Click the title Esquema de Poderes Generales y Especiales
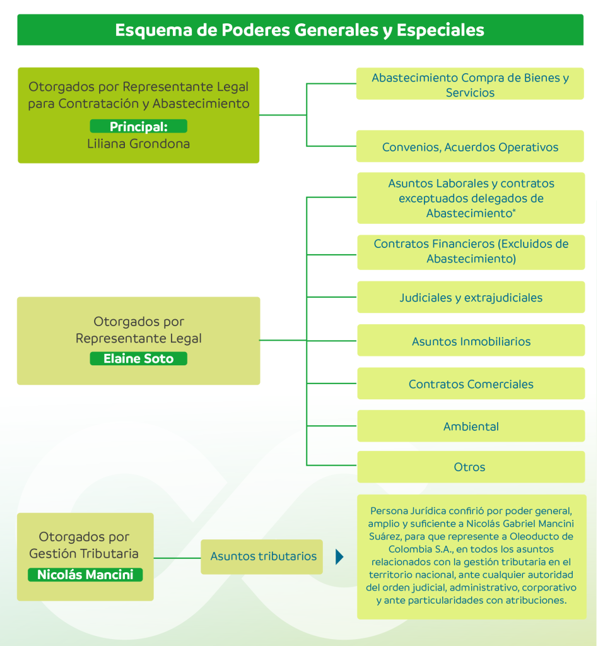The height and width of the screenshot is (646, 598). pos(300,30)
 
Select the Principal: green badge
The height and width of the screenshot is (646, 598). pos(138,126)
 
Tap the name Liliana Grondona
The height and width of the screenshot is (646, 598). pos(138,144)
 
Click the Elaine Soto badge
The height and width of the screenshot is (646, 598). pos(138,359)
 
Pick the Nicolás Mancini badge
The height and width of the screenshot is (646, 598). pos(85,575)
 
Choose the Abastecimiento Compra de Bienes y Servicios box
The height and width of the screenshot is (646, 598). pos(470,85)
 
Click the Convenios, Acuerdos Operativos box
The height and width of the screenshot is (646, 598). pos(470,147)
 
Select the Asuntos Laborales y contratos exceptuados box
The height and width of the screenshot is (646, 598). pos(471,198)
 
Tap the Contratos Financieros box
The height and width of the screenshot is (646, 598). pos(471,252)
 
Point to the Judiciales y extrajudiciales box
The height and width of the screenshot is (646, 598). pos(471,298)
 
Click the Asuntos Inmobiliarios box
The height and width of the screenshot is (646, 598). pos(471,341)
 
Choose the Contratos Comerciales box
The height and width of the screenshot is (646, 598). pos(471,384)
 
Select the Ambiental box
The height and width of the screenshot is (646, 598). pos(471,426)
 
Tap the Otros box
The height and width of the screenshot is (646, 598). pos(471,467)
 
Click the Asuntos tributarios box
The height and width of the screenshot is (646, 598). pos(262,556)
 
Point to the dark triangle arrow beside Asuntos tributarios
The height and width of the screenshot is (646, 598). pos(339,557)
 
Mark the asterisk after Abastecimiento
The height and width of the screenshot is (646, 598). pos(514,211)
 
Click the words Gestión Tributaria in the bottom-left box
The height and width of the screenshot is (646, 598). pos(84,554)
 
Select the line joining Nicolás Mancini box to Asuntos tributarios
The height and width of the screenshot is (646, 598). pos(177,558)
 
